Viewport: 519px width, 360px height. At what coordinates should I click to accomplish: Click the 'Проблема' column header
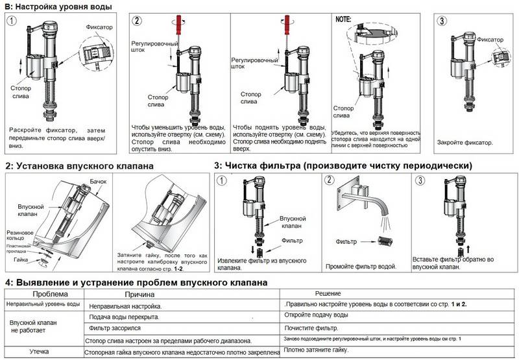pos(50,294)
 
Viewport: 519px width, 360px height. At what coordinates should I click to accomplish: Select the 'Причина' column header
pos(139,294)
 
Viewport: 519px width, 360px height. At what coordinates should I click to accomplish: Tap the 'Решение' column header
pos(328,293)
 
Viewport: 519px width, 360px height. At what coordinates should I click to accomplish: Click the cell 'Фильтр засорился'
pos(115,328)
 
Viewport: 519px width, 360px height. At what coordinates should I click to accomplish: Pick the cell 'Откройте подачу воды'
pos(316,315)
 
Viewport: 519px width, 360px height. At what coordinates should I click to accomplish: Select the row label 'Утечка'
pos(39,352)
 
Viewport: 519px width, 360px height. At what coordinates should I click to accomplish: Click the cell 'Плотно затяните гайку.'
pos(316,350)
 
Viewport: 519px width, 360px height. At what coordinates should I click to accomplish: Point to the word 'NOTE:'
pos(343,19)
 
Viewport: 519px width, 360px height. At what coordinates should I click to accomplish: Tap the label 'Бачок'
pos(99,182)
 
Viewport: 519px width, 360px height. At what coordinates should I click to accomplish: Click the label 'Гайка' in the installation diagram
pos(21,259)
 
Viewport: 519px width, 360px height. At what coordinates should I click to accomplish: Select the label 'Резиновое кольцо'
pos(20,235)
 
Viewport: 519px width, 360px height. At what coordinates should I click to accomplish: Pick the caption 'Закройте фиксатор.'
pos(465,143)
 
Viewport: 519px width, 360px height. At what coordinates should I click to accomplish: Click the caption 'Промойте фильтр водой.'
pos(361,267)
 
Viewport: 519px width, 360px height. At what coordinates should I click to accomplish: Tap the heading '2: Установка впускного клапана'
pos(79,166)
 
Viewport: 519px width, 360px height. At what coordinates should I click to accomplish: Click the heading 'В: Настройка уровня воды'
pos(58,6)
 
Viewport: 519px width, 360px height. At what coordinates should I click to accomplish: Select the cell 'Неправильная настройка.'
pos(125,306)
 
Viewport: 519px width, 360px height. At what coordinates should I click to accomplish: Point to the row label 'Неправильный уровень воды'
pos(43,304)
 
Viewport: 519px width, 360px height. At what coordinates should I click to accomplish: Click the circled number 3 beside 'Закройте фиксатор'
pos(442,21)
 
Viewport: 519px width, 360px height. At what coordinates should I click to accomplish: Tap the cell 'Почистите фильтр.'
pos(311,328)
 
